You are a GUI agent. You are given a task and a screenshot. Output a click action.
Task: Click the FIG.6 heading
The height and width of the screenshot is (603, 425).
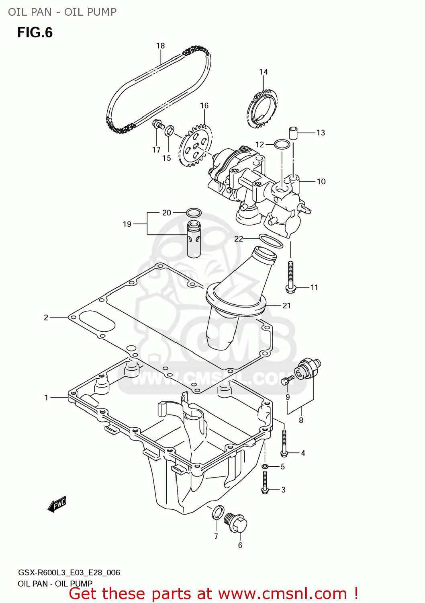[x=35, y=33]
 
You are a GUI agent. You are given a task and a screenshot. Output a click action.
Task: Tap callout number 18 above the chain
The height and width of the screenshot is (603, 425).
[x=160, y=46]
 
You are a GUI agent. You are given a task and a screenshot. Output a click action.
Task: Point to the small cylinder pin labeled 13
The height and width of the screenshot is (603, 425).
[x=293, y=132]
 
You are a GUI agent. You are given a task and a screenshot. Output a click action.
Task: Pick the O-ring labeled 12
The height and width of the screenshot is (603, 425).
[x=282, y=144]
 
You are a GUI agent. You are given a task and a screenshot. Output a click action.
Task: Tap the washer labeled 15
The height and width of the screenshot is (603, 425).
[x=170, y=130]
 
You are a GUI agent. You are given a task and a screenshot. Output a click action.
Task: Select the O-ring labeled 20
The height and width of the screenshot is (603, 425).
[x=194, y=213]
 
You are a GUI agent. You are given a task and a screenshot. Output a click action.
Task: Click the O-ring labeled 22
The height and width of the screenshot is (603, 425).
[x=271, y=241]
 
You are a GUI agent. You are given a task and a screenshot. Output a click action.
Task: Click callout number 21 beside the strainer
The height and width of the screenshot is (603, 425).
[x=286, y=306]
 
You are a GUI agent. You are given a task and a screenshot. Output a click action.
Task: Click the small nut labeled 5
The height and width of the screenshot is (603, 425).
[x=265, y=466]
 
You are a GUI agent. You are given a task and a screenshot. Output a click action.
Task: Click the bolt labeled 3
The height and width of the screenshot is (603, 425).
[x=265, y=482]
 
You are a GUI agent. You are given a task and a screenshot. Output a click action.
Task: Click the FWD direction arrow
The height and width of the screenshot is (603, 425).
[x=57, y=504]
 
